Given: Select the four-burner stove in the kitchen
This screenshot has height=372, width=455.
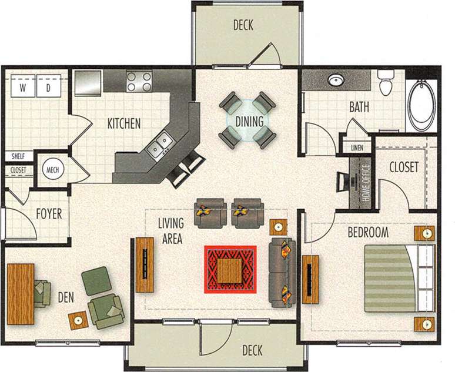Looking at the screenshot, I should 139,81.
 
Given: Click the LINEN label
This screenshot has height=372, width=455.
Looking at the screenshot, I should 357,147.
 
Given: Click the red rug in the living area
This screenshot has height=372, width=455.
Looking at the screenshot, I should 230,269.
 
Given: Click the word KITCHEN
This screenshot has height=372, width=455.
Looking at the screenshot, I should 123,124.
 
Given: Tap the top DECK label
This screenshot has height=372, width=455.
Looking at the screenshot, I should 243,25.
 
